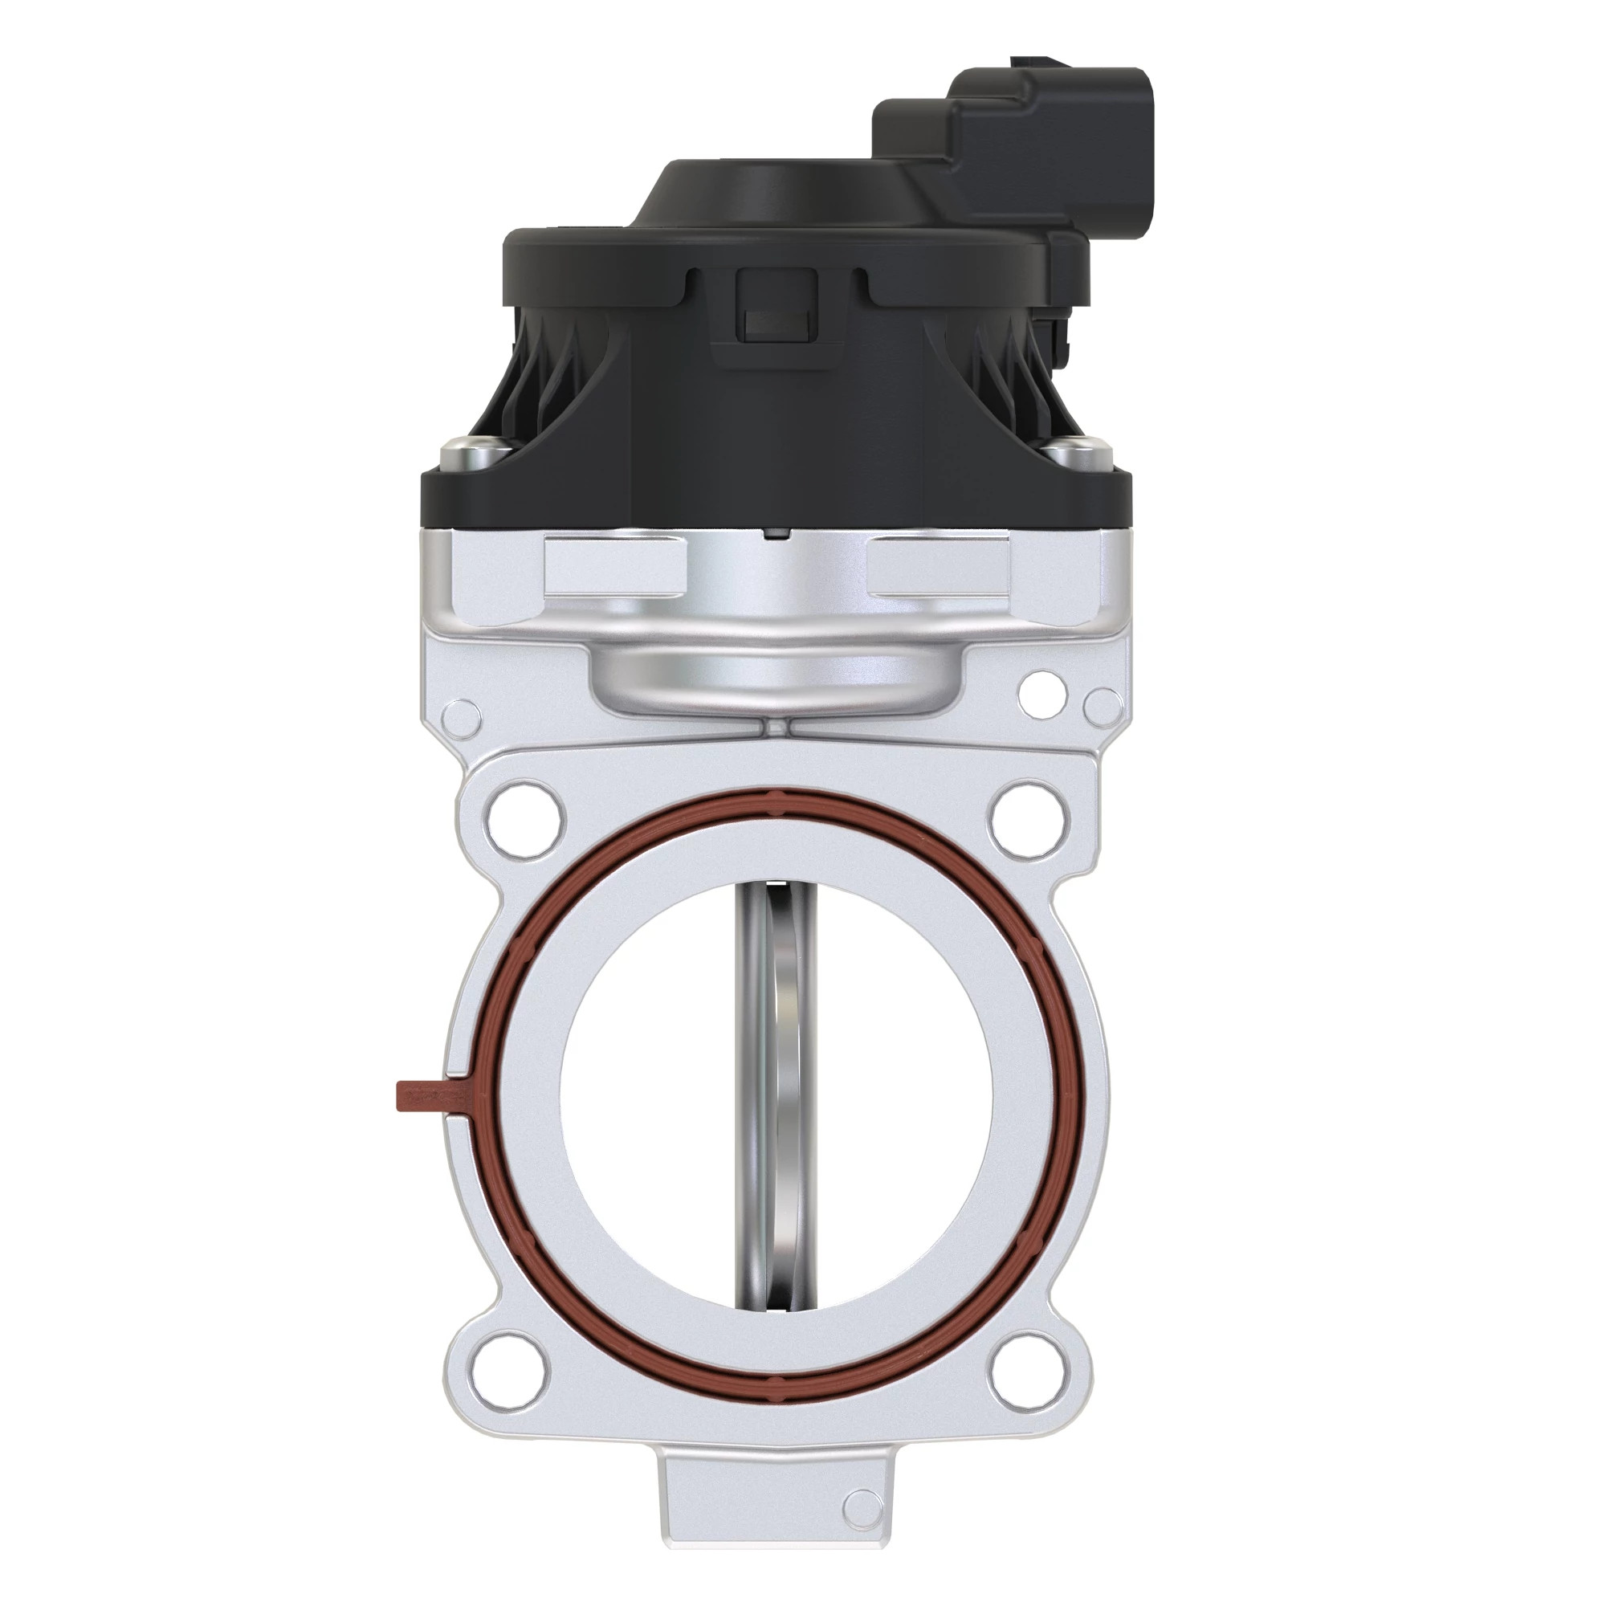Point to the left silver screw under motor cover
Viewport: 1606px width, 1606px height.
469,453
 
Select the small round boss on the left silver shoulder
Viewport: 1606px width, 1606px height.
462,715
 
